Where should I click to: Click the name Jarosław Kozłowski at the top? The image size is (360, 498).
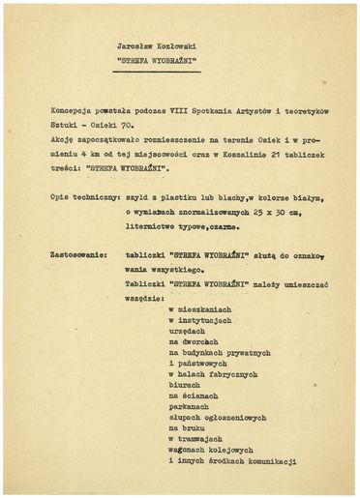[156, 45]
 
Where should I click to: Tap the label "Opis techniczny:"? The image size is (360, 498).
[82, 198]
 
